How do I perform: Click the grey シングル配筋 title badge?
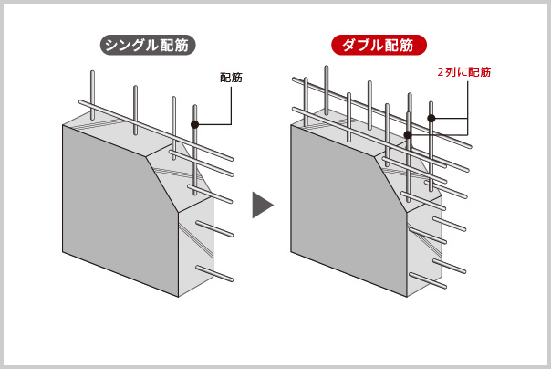tap(148, 45)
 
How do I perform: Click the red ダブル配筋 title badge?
tap(379, 45)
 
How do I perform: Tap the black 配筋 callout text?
tap(231, 78)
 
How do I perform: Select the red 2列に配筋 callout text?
tap(463, 72)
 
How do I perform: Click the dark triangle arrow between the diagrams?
tap(262, 206)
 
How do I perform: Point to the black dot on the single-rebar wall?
tap(195, 124)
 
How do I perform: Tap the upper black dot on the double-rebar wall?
tap(431, 119)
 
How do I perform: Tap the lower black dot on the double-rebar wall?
tap(408, 134)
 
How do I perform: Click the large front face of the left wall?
tap(120, 211)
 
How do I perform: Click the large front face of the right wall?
tap(348, 211)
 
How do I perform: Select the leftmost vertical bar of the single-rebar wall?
tap(92, 95)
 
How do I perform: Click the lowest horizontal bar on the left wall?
tap(214, 274)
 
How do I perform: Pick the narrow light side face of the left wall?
tap(196, 247)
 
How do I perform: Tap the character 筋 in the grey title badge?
tap(181, 45)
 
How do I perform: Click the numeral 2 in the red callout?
tap(441, 72)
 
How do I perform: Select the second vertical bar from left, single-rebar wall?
tap(135, 111)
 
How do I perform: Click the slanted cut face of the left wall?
tap(179, 176)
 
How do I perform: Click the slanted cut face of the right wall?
tap(408, 176)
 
